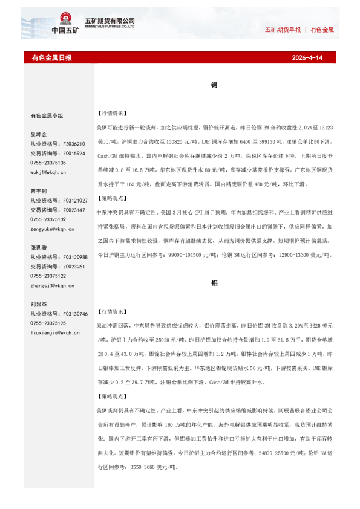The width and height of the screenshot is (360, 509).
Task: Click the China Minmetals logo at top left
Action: [x=64, y=24]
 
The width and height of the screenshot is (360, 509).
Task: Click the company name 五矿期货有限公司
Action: [x=114, y=21]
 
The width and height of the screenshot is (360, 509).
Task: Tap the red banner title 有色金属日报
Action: [x=51, y=58]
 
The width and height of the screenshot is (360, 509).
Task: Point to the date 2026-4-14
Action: [x=307, y=58]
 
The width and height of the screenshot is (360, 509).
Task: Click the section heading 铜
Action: [x=214, y=85]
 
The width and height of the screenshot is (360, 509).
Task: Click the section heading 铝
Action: [x=214, y=282]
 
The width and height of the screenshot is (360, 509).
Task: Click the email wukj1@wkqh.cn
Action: [x=48, y=172]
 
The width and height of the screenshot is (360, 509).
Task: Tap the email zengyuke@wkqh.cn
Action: [x=52, y=229]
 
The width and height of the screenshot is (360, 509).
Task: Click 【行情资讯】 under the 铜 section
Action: [x=111, y=112]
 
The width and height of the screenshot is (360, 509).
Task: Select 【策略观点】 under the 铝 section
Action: [x=111, y=396]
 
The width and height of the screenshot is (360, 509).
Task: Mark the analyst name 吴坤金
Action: [x=38, y=134]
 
